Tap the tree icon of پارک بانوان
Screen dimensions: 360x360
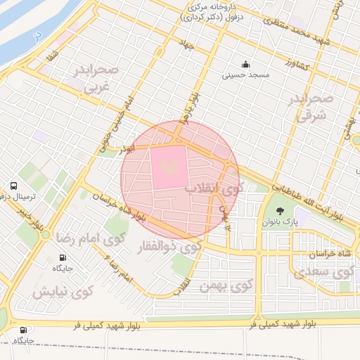click(x=280, y=210)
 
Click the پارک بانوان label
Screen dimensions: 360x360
click(x=281, y=221)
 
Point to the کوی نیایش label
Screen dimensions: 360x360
click(x=64, y=290)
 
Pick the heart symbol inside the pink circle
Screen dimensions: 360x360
click(x=169, y=166)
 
